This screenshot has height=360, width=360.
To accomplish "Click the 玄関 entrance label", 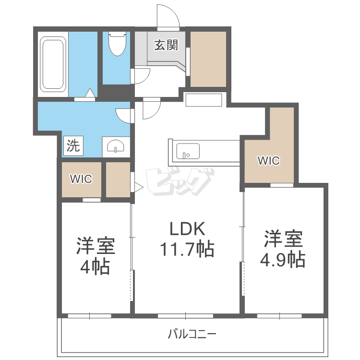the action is point(166,45).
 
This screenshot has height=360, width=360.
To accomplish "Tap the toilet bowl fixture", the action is point(117,44).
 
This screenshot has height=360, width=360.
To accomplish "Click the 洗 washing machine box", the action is point(73,146).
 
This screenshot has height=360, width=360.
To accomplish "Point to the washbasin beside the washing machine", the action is point(116,146).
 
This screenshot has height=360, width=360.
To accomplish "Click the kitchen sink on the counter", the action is point(188,151).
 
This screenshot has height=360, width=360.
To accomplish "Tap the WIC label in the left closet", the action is point(81,179).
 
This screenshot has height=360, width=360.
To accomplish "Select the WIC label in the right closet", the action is point(269,160).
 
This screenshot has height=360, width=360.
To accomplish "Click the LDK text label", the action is point(187,228).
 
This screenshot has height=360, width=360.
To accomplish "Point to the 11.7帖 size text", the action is point(187,249).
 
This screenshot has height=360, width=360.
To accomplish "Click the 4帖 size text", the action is point(95,267).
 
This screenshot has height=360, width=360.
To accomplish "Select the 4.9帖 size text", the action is point(282,260).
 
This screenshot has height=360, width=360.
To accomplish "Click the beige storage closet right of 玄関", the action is point(208,59).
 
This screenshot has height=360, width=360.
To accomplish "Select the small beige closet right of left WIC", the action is point(118,180).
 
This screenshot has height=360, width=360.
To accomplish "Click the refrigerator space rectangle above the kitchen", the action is point(204,100).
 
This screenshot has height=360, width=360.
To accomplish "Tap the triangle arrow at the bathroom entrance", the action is point(90,93).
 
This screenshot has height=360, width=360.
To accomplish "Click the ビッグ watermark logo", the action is point(180,181).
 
